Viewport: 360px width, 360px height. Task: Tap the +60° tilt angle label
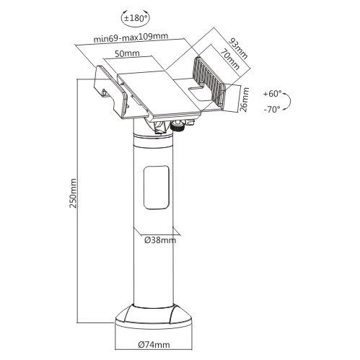coord(273,94)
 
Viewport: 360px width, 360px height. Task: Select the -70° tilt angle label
coord(273,110)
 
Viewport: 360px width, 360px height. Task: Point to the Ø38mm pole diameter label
coord(158,240)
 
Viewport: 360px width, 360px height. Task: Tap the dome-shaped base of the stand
coord(152,315)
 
